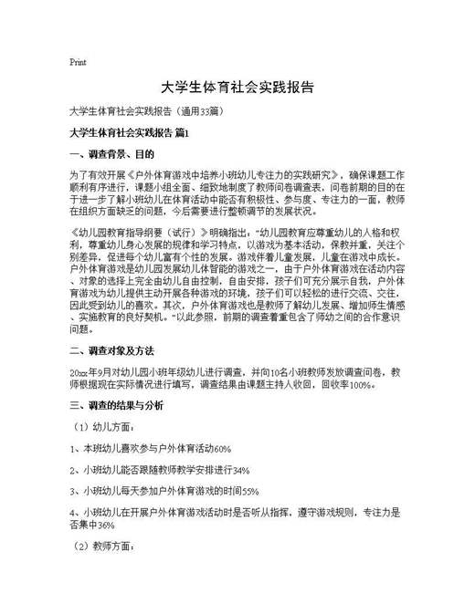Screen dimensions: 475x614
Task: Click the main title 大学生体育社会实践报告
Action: click(x=237, y=88)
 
